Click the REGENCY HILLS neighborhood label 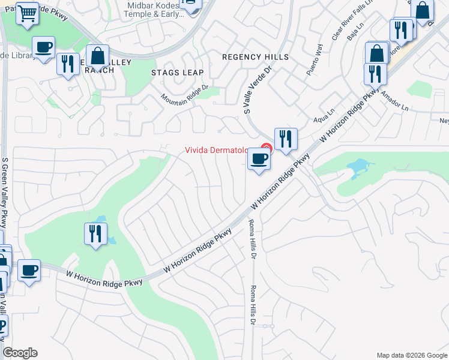pos(255,57)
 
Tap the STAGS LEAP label pos(177,73)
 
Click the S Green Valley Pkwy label pos(5,192)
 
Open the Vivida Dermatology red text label pos(216,151)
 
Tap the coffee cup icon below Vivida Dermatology pos(259,160)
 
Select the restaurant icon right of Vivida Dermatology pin pos(286,139)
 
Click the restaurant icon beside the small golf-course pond pos(95,234)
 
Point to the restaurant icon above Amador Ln pos(375,74)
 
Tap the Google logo pos(20,353)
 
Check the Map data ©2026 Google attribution pos(411,355)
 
